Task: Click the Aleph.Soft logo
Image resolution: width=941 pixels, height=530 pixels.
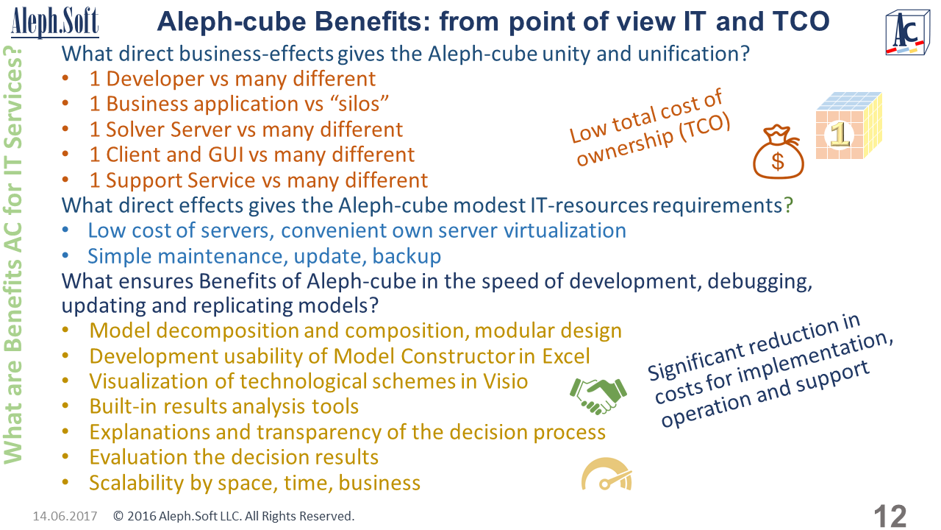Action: tap(55, 22)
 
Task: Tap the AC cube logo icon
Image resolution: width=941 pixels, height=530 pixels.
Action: tap(907, 33)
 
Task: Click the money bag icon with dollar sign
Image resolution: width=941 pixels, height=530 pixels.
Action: tap(778, 152)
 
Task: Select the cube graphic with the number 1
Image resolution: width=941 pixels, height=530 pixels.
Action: tap(849, 125)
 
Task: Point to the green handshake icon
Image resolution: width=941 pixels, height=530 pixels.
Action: tap(598, 395)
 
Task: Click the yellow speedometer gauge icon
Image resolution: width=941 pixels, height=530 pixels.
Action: tap(607, 474)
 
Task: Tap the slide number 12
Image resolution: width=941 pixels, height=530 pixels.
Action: tap(890, 516)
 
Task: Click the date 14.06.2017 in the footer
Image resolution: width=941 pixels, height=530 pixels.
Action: tap(65, 516)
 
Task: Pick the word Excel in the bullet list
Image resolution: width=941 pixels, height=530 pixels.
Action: tap(566, 356)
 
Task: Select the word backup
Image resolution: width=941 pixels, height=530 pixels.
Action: tap(407, 256)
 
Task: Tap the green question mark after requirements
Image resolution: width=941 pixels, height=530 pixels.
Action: tap(788, 205)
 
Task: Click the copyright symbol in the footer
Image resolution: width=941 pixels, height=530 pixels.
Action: tap(118, 516)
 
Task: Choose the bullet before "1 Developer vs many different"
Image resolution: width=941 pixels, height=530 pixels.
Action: tap(65, 78)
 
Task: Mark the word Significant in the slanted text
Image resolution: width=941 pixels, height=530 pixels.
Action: tap(695, 360)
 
